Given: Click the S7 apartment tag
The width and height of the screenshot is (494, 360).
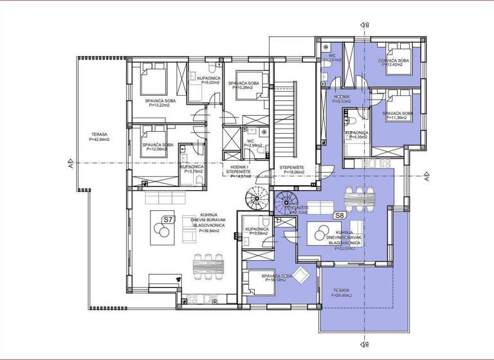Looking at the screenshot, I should click(168, 219).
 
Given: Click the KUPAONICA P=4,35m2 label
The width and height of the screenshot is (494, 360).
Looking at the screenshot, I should click(356, 134).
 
